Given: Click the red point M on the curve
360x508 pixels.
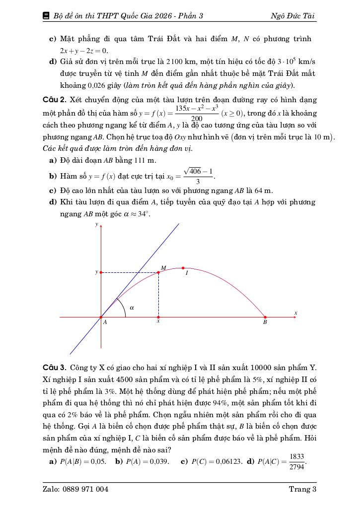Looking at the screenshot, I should click(x=158, y=272).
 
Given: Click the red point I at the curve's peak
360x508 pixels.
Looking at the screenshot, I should click(x=183, y=268).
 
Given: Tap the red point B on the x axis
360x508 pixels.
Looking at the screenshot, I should click(x=265, y=317).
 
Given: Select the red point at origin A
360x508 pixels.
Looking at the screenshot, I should click(x=101, y=317).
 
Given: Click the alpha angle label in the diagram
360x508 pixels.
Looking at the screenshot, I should click(x=132, y=308).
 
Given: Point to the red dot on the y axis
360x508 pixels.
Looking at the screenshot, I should click(x=101, y=272).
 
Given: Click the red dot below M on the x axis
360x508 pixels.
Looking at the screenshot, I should click(x=158, y=317).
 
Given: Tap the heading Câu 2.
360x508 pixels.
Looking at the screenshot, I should click(x=54, y=100).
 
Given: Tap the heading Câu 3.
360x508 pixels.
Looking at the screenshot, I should click(x=54, y=368).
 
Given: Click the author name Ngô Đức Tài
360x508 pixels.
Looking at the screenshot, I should click(x=292, y=16).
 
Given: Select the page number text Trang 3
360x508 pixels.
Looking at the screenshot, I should click(x=302, y=489).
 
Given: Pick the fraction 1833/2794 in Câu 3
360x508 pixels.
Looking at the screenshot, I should click(x=296, y=462).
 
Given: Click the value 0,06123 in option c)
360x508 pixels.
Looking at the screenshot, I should click(x=227, y=462).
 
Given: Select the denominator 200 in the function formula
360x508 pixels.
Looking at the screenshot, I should click(x=197, y=119).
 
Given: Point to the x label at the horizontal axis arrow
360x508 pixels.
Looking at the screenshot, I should click(x=295, y=313).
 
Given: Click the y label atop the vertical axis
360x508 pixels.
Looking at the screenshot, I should click(x=97, y=225).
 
